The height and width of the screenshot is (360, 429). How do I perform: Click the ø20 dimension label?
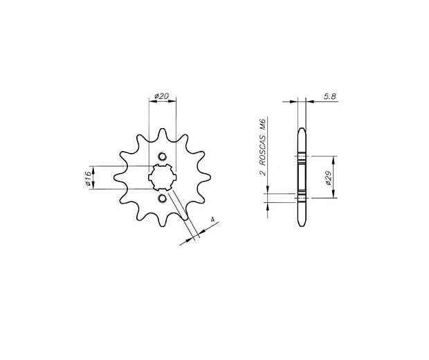click(x=161, y=96)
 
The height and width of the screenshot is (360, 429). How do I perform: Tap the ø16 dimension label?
click(x=89, y=178)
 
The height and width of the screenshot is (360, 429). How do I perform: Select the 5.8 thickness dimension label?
click(x=329, y=96)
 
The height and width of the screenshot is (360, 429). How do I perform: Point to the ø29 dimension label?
click(x=329, y=178)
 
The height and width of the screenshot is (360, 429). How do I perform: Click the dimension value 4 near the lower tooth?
click(x=212, y=219)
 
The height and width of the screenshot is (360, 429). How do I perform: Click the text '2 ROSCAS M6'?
click(x=262, y=147)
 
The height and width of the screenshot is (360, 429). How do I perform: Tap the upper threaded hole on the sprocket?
click(x=162, y=156)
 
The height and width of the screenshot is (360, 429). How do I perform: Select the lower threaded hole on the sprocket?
click(x=162, y=198)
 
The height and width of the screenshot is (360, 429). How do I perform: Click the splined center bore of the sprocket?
click(x=162, y=177)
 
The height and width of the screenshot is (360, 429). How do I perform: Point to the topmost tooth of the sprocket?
click(x=163, y=133)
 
